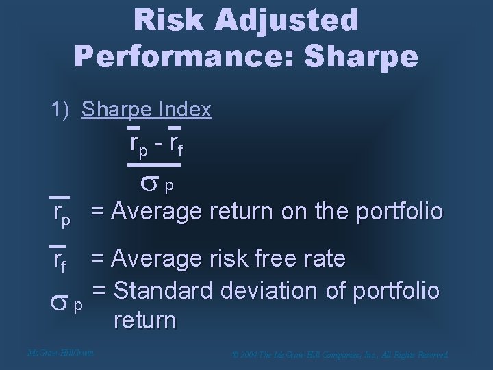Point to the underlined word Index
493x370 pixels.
click(186, 110)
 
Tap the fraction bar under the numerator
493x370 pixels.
click(154, 165)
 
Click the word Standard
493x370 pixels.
click(161, 289)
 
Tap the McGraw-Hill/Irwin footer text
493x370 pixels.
click(60, 354)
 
